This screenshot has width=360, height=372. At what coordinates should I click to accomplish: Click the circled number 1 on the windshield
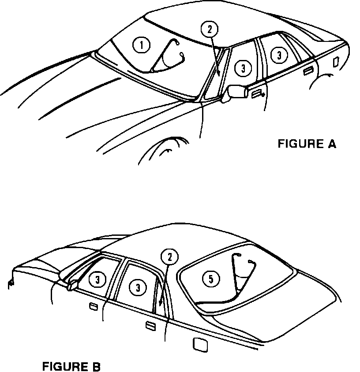pos(141,45)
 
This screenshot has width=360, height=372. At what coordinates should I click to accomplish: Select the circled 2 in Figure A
pos(210,30)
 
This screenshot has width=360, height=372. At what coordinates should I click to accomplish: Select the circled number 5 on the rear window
pos(211,278)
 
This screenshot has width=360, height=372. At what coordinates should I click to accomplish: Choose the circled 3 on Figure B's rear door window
pos(138,287)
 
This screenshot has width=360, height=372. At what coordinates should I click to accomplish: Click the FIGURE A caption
pos(307,144)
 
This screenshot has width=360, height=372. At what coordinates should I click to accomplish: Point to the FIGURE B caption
pos(71,366)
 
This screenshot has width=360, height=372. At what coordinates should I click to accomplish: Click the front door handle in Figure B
pos(93,306)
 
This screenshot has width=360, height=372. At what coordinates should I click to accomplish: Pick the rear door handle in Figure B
pos(150,326)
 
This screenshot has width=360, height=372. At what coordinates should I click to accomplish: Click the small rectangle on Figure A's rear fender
pos(336,62)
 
